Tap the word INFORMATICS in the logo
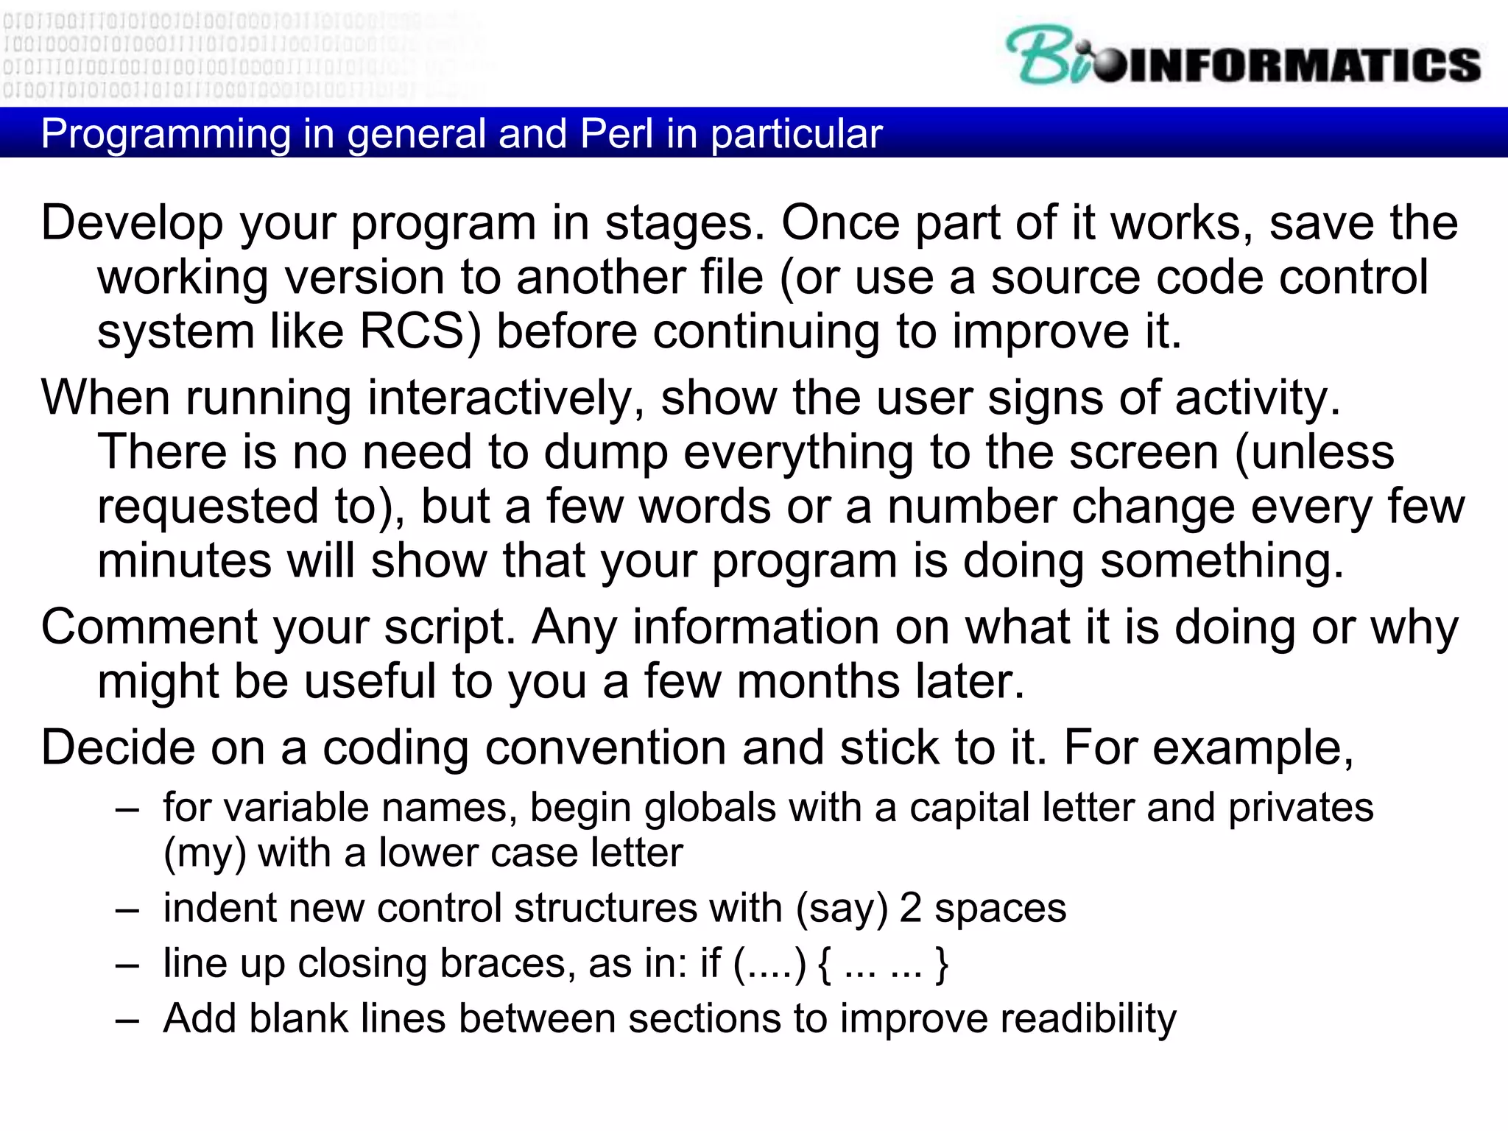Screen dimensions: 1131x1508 (1303, 65)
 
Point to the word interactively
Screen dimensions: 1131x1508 (506, 398)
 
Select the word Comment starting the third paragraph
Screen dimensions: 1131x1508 (148, 628)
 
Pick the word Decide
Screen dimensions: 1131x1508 (117, 748)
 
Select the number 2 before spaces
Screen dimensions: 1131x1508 (910, 909)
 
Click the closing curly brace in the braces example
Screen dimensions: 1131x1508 (940, 964)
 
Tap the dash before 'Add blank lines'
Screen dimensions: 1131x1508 (127, 1021)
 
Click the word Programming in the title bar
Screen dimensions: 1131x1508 (166, 134)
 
